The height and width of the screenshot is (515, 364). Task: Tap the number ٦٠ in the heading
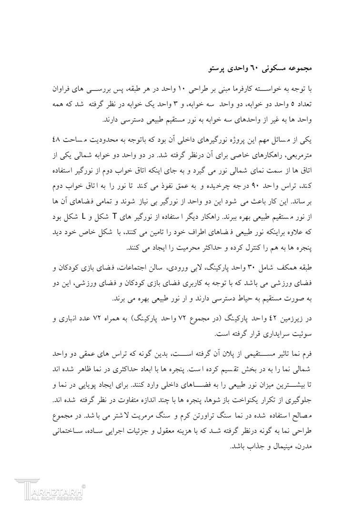(x=254, y=68)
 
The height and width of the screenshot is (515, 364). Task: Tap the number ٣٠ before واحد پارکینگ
(x=259, y=268)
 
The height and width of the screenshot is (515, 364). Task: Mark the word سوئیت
(x=302, y=333)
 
